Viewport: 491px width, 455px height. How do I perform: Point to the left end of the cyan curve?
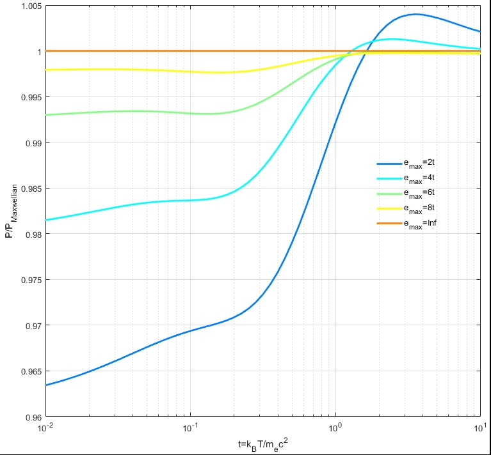pyautogui.click(x=45, y=220)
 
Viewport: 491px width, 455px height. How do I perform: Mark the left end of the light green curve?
pyautogui.click(x=45, y=115)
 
